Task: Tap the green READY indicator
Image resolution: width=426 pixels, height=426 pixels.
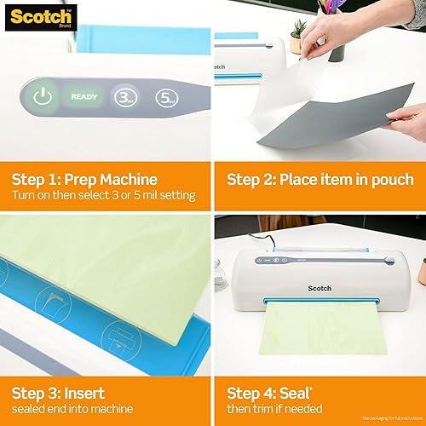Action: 83,97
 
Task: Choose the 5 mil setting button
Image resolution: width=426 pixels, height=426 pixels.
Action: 167,96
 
